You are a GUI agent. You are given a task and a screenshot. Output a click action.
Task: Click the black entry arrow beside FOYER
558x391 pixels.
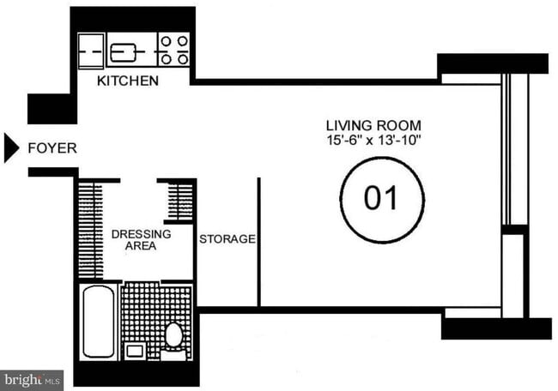click(11, 148)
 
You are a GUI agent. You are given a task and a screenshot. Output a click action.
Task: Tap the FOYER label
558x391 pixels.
click(52, 148)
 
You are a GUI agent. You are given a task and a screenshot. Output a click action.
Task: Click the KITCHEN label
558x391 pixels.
click(128, 81)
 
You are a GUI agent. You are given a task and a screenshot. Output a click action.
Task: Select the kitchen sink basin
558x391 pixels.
click(124, 52)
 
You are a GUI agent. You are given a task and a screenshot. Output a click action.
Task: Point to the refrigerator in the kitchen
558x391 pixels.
click(91, 51)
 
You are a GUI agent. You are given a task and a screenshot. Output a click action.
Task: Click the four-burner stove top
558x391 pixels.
click(174, 50)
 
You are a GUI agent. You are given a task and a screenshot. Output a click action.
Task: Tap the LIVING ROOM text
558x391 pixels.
click(373, 125)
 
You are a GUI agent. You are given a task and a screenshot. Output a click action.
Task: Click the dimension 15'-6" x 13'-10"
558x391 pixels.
click(373, 140)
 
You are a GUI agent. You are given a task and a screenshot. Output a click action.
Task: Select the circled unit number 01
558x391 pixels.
click(382, 200)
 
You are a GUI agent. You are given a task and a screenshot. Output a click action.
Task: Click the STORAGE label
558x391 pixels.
click(227, 239)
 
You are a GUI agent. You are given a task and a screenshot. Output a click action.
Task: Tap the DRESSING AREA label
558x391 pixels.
click(142, 240)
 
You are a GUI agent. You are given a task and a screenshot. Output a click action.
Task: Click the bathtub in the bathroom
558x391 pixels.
click(98, 322)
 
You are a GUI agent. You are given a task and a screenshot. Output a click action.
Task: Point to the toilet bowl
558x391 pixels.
click(173, 334)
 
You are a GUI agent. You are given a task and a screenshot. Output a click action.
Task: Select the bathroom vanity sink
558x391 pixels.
click(135, 352)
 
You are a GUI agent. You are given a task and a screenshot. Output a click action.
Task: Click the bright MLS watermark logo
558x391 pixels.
click(32, 381)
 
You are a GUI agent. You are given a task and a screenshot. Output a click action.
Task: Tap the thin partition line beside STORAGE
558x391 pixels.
click(259, 242)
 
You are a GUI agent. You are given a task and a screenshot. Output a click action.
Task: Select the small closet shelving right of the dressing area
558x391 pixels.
click(180, 202)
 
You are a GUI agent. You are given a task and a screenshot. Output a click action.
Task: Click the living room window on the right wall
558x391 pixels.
click(506, 149)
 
